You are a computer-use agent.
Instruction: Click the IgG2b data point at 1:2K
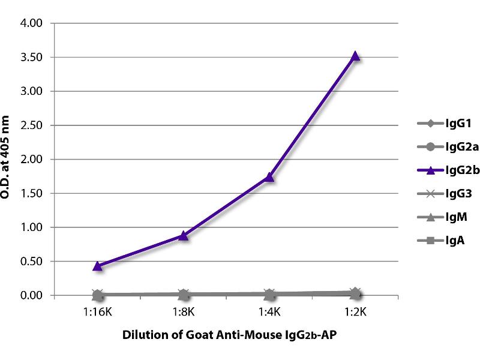(x=355, y=56)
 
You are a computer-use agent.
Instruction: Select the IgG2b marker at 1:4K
(x=269, y=177)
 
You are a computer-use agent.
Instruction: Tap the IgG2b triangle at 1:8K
(x=183, y=236)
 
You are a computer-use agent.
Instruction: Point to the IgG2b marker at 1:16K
(x=97, y=265)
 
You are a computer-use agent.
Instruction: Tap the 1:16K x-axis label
(x=97, y=312)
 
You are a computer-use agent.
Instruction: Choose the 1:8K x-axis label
(x=183, y=312)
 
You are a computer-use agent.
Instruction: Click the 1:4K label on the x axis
(x=269, y=312)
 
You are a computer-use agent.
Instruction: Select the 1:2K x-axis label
(x=355, y=312)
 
